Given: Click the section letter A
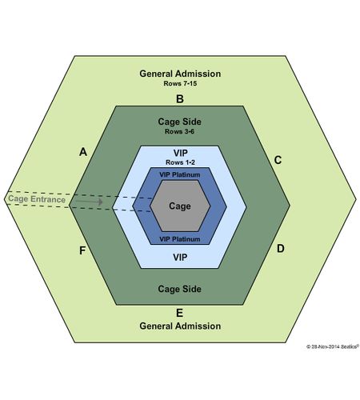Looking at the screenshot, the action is click(x=83, y=152).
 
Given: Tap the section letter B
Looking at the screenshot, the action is click(x=180, y=99).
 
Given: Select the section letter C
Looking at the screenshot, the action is click(x=278, y=160).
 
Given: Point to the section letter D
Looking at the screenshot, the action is click(x=281, y=249).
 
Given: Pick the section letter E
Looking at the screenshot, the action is click(x=180, y=313).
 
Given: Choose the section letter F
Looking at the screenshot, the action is click(x=82, y=250).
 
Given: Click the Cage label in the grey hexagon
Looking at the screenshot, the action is click(x=180, y=206).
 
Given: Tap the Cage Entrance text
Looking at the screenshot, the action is click(x=37, y=199).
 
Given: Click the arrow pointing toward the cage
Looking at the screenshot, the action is click(x=90, y=202).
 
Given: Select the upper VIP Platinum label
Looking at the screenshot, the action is click(x=180, y=174).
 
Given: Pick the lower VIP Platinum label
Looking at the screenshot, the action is click(x=180, y=239).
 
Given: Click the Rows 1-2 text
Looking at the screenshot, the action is click(x=180, y=162).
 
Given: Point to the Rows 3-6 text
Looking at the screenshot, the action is click(x=179, y=131).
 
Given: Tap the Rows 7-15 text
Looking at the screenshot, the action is click(x=180, y=83).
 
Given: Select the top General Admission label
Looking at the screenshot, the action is click(x=180, y=74).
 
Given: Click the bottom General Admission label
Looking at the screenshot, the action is click(x=180, y=326).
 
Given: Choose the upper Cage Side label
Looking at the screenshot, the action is click(x=180, y=122).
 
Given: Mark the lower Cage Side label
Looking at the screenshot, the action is click(x=180, y=289).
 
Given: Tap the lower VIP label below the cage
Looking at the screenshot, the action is click(x=180, y=258).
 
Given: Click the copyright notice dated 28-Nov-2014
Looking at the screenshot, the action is click(x=333, y=346).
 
